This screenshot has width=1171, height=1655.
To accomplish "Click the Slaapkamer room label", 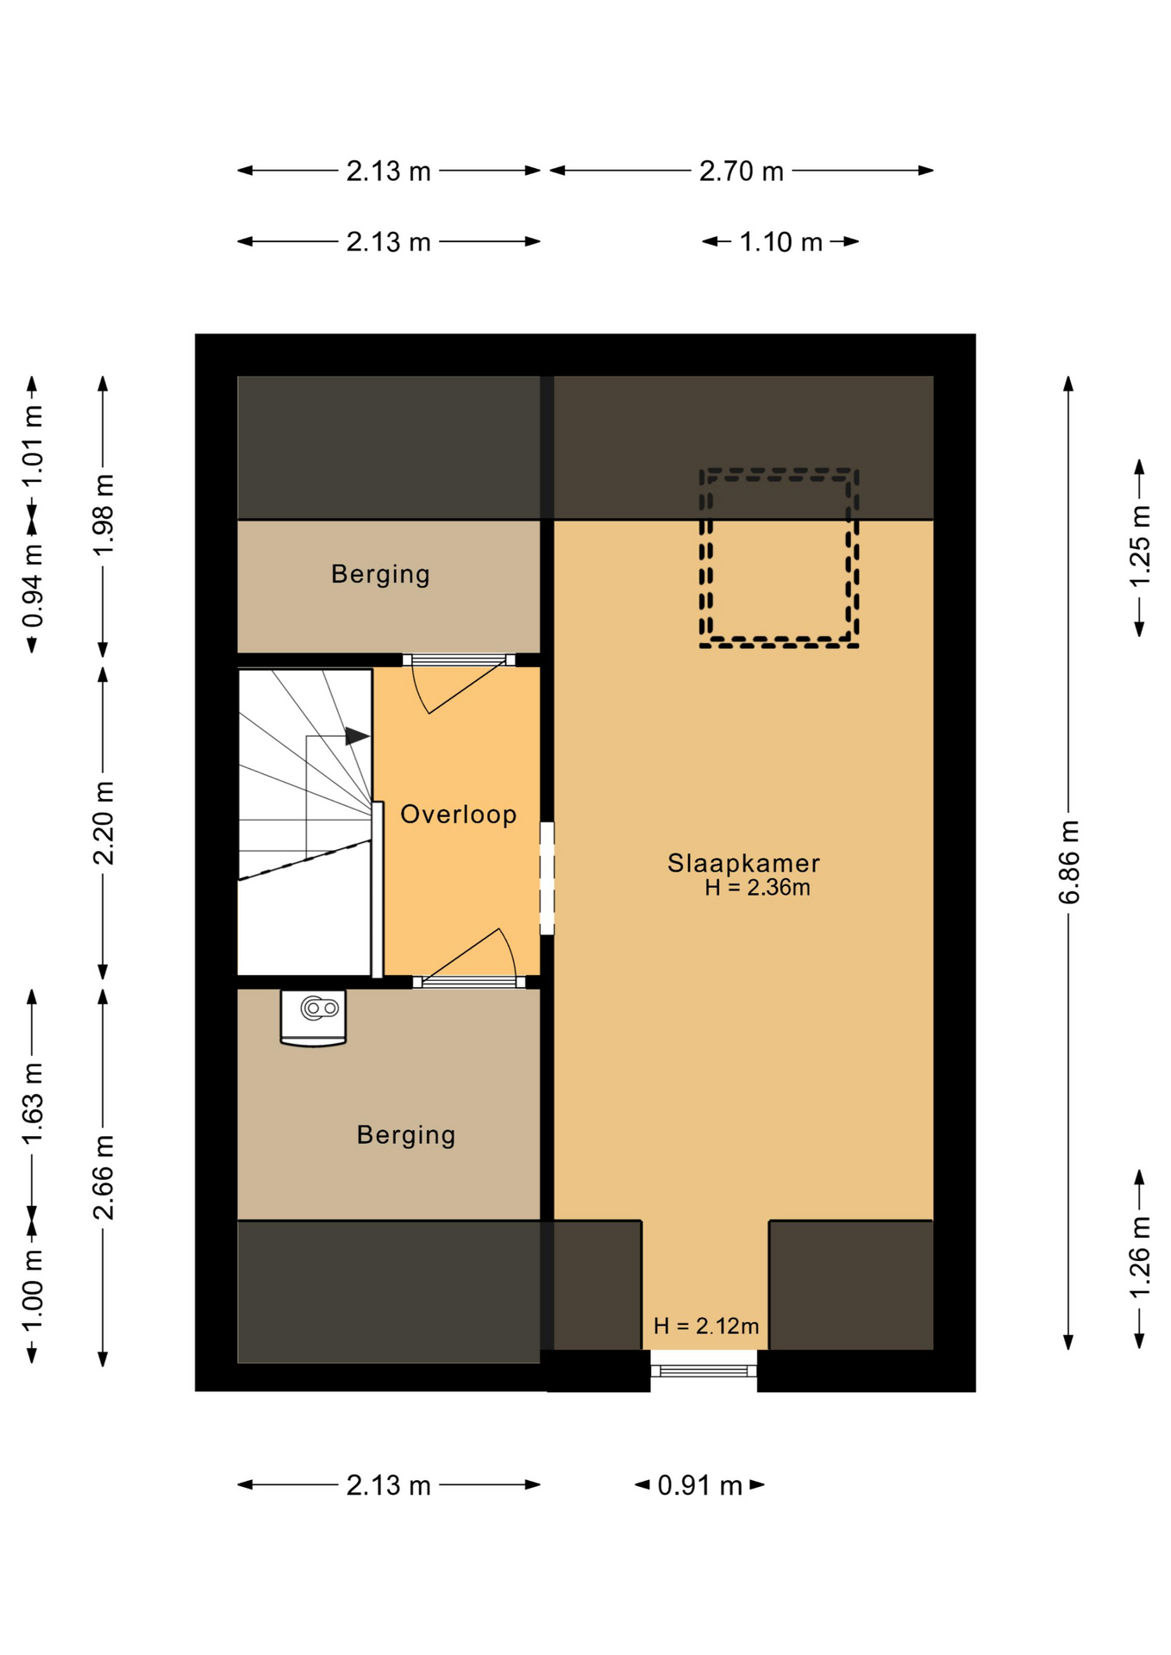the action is [743, 863].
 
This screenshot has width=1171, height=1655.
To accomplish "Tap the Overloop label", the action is [459, 814].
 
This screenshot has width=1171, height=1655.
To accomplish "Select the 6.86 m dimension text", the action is [1068, 862].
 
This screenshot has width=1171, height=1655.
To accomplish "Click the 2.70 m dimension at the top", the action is [741, 171].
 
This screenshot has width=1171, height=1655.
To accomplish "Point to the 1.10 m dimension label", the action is [780, 241].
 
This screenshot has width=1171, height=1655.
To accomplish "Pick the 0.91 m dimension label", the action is [699, 1485].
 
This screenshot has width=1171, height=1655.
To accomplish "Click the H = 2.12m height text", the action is [706, 1326].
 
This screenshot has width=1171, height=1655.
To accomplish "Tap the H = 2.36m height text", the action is [757, 888].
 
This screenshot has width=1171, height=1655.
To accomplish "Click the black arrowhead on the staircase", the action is [357, 736].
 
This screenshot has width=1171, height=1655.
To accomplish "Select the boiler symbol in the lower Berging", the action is [313, 1017].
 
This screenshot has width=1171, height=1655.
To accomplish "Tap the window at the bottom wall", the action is [704, 1370].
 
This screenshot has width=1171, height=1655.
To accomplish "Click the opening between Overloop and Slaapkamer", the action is [547, 877].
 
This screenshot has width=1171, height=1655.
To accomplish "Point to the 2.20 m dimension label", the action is [103, 822].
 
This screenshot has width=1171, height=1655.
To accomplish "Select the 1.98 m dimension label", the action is [103, 515].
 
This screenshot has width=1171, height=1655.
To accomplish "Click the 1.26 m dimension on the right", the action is [1140, 1257].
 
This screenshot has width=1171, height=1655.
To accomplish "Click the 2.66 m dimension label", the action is [103, 1177].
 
